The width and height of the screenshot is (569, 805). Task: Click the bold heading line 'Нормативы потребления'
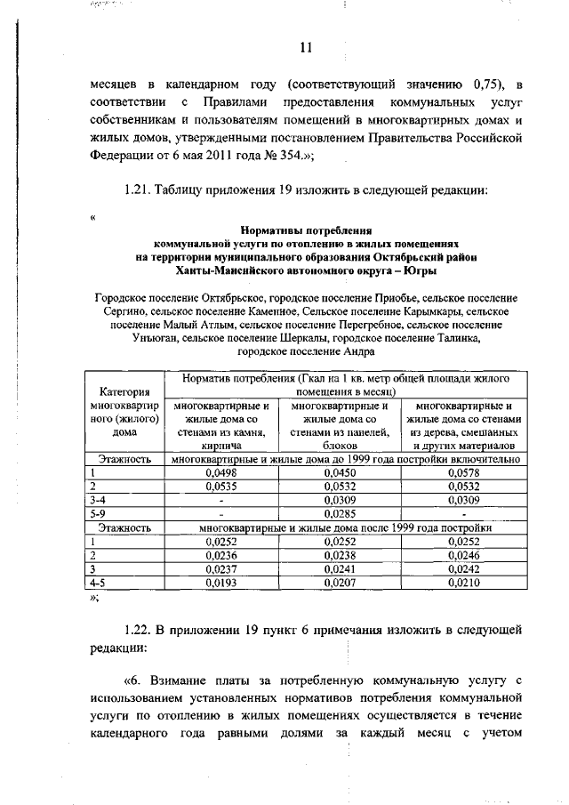coord(307,229)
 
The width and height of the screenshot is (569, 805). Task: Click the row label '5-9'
coord(100,513)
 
